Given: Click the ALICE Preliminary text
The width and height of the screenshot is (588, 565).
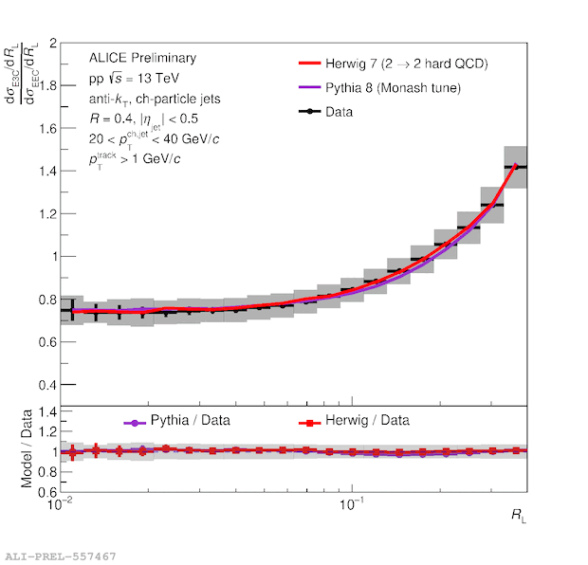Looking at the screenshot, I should [x=142, y=59].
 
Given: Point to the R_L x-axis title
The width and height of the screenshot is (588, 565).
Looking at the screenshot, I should [x=515, y=516].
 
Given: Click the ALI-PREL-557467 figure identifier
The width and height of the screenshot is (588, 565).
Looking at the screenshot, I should [x=61, y=555].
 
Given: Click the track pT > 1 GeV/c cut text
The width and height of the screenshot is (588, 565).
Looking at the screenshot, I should [x=137, y=158].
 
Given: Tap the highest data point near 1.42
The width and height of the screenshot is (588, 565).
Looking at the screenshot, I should [x=515, y=167].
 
